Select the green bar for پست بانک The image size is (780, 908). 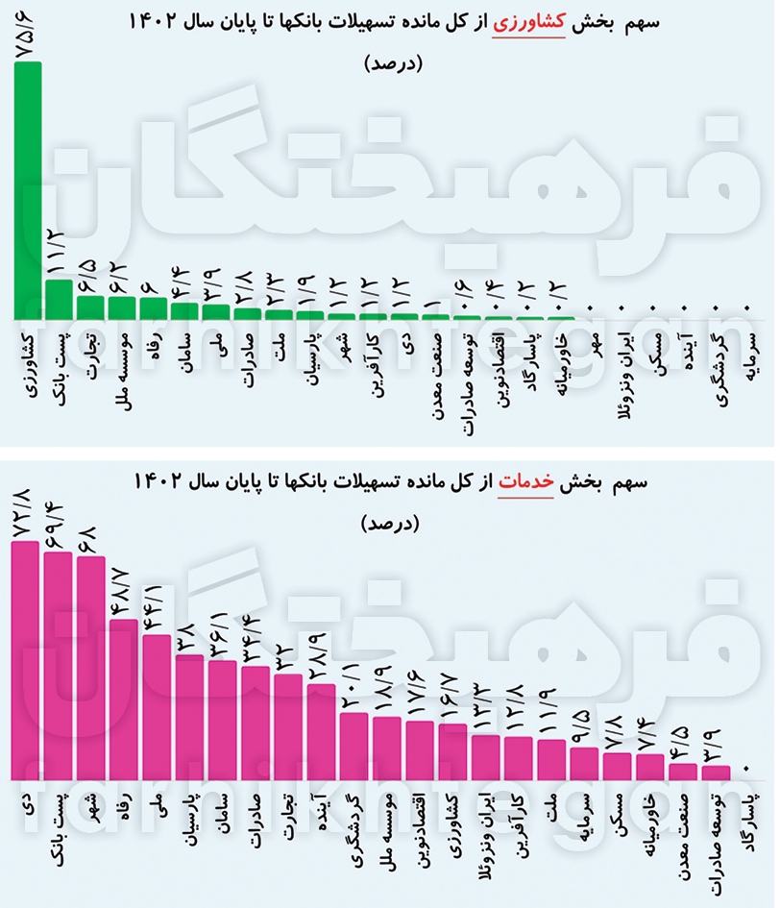pos(59,299)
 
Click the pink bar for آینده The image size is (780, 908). pos(321,730)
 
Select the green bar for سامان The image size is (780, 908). pos(184,310)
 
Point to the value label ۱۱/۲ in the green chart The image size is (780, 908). pos(59,253)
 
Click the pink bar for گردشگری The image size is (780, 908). pos(354,745)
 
